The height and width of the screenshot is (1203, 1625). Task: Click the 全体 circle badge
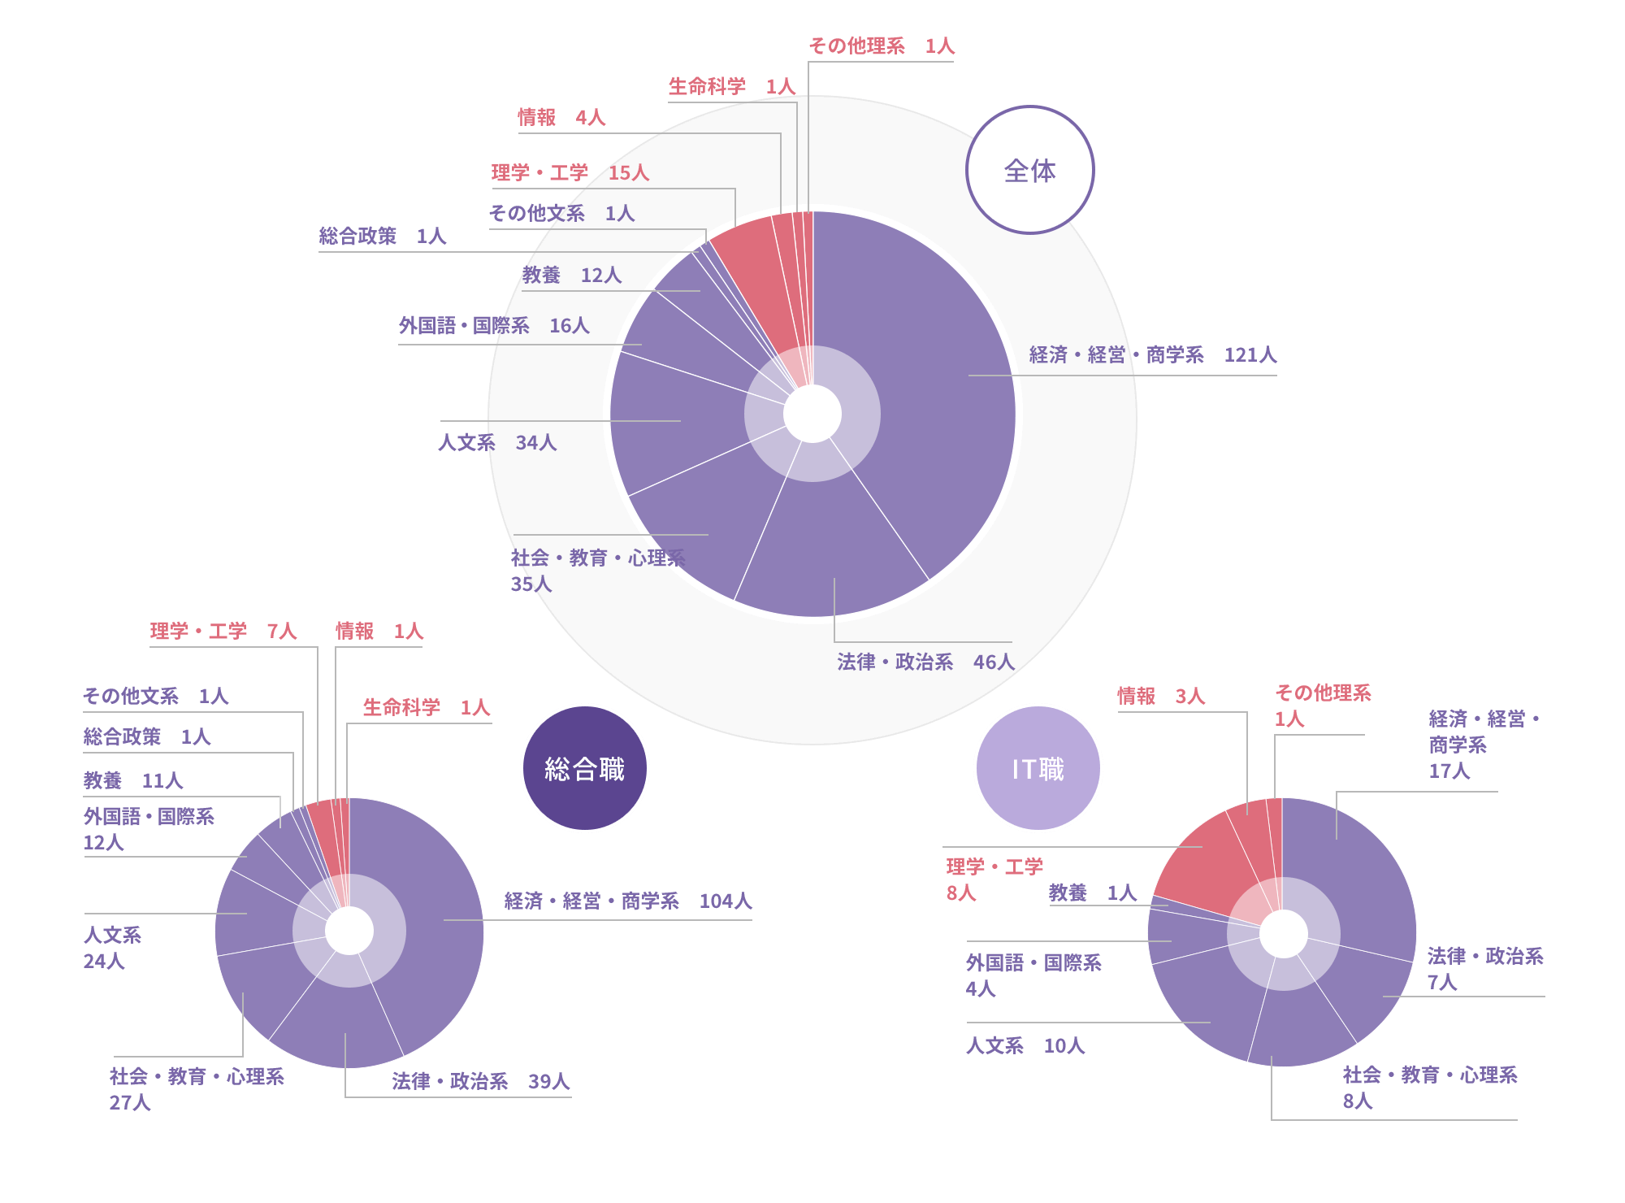click(x=1029, y=171)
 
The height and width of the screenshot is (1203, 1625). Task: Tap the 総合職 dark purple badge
click(x=585, y=768)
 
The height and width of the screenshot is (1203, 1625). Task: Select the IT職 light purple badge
click(x=1038, y=768)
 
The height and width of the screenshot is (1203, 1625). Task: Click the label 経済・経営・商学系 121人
click(x=1152, y=355)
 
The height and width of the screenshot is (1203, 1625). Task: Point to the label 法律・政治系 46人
click(x=925, y=662)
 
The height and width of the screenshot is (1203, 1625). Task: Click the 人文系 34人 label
click(x=497, y=442)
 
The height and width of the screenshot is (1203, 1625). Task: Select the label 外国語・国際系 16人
click(x=493, y=326)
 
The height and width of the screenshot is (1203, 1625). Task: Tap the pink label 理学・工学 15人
click(x=570, y=173)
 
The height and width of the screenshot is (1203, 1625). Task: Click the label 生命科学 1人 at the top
click(x=730, y=86)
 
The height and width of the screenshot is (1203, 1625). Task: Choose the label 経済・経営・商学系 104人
click(x=627, y=901)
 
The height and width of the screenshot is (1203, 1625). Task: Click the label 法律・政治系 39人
click(x=480, y=1081)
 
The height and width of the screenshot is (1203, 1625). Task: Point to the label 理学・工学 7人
click(x=223, y=631)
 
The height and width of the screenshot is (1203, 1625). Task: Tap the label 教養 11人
click(x=133, y=780)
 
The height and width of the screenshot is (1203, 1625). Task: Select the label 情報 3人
click(x=1160, y=696)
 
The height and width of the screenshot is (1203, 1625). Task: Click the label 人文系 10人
click(x=1025, y=1045)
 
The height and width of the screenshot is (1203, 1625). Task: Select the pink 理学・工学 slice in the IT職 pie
click(x=1198, y=862)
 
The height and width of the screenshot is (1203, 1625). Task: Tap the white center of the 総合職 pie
click(x=349, y=931)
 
